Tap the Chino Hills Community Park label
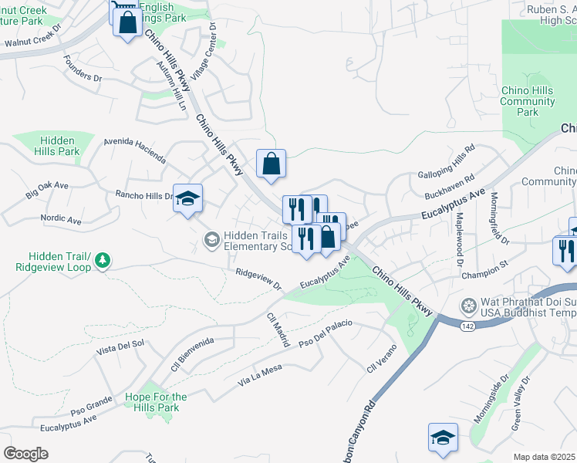pyautogui.click(x=528, y=101)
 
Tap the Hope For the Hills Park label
pyautogui.click(x=152, y=402)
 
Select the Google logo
pyautogui.click(x=25, y=454)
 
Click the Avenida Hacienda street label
pyautogui.click(x=135, y=150)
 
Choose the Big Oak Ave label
pyautogui.click(x=47, y=190)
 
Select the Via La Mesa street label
pyautogui.click(x=260, y=376)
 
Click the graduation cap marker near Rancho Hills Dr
pyautogui.click(x=188, y=199)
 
